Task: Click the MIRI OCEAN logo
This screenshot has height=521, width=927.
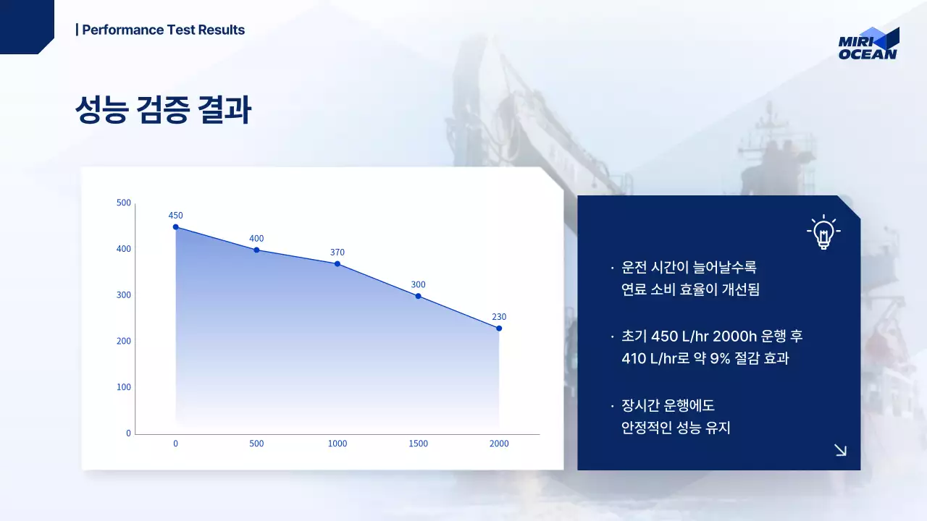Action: [x=868, y=44]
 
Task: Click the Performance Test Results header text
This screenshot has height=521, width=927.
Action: [x=161, y=30]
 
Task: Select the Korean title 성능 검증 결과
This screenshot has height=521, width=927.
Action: [x=163, y=110]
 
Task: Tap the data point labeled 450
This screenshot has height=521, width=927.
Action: [x=175, y=227]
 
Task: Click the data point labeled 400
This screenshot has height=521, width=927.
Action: [x=256, y=250]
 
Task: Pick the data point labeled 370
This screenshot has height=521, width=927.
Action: [x=337, y=264]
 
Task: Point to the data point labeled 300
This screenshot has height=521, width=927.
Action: [x=418, y=296]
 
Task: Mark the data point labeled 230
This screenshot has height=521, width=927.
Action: [x=499, y=329]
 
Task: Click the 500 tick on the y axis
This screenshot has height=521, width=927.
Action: [x=124, y=203]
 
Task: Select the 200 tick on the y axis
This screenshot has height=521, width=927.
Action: [x=124, y=341]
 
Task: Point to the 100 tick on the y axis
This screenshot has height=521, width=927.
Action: [x=124, y=387]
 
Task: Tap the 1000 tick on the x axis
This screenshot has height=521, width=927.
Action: [x=337, y=444]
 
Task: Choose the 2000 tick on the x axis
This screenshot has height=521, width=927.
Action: [x=499, y=444]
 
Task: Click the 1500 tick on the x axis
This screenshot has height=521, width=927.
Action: [x=418, y=444]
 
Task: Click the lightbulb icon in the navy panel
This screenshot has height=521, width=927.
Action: [x=823, y=232]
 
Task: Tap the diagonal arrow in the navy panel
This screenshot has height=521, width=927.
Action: [x=840, y=450]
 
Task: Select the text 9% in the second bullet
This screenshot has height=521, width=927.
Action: [x=720, y=357]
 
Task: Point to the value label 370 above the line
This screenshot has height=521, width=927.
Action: [x=337, y=253]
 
